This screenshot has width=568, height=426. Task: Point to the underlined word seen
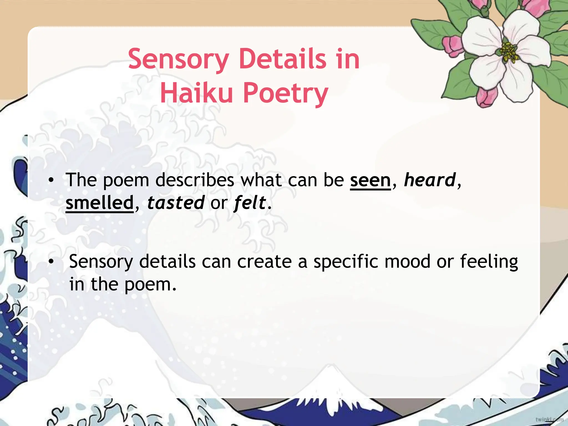(x=370, y=180)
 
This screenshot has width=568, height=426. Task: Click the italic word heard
(x=430, y=180)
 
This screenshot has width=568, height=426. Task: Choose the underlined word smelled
(x=100, y=203)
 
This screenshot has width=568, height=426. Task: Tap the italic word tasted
(x=176, y=203)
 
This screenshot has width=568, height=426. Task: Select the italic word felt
(x=250, y=203)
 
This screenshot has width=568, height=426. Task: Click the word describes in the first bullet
(x=195, y=180)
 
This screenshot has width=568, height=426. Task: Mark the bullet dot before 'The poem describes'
(x=50, y=181)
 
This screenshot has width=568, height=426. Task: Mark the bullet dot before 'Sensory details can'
(x=50, y=262)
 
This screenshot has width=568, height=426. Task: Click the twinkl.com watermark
(x=549, y=419)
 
